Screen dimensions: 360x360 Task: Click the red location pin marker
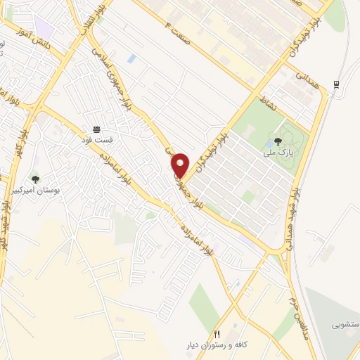point(180,165)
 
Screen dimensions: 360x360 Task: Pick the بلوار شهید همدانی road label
point(306,204)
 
